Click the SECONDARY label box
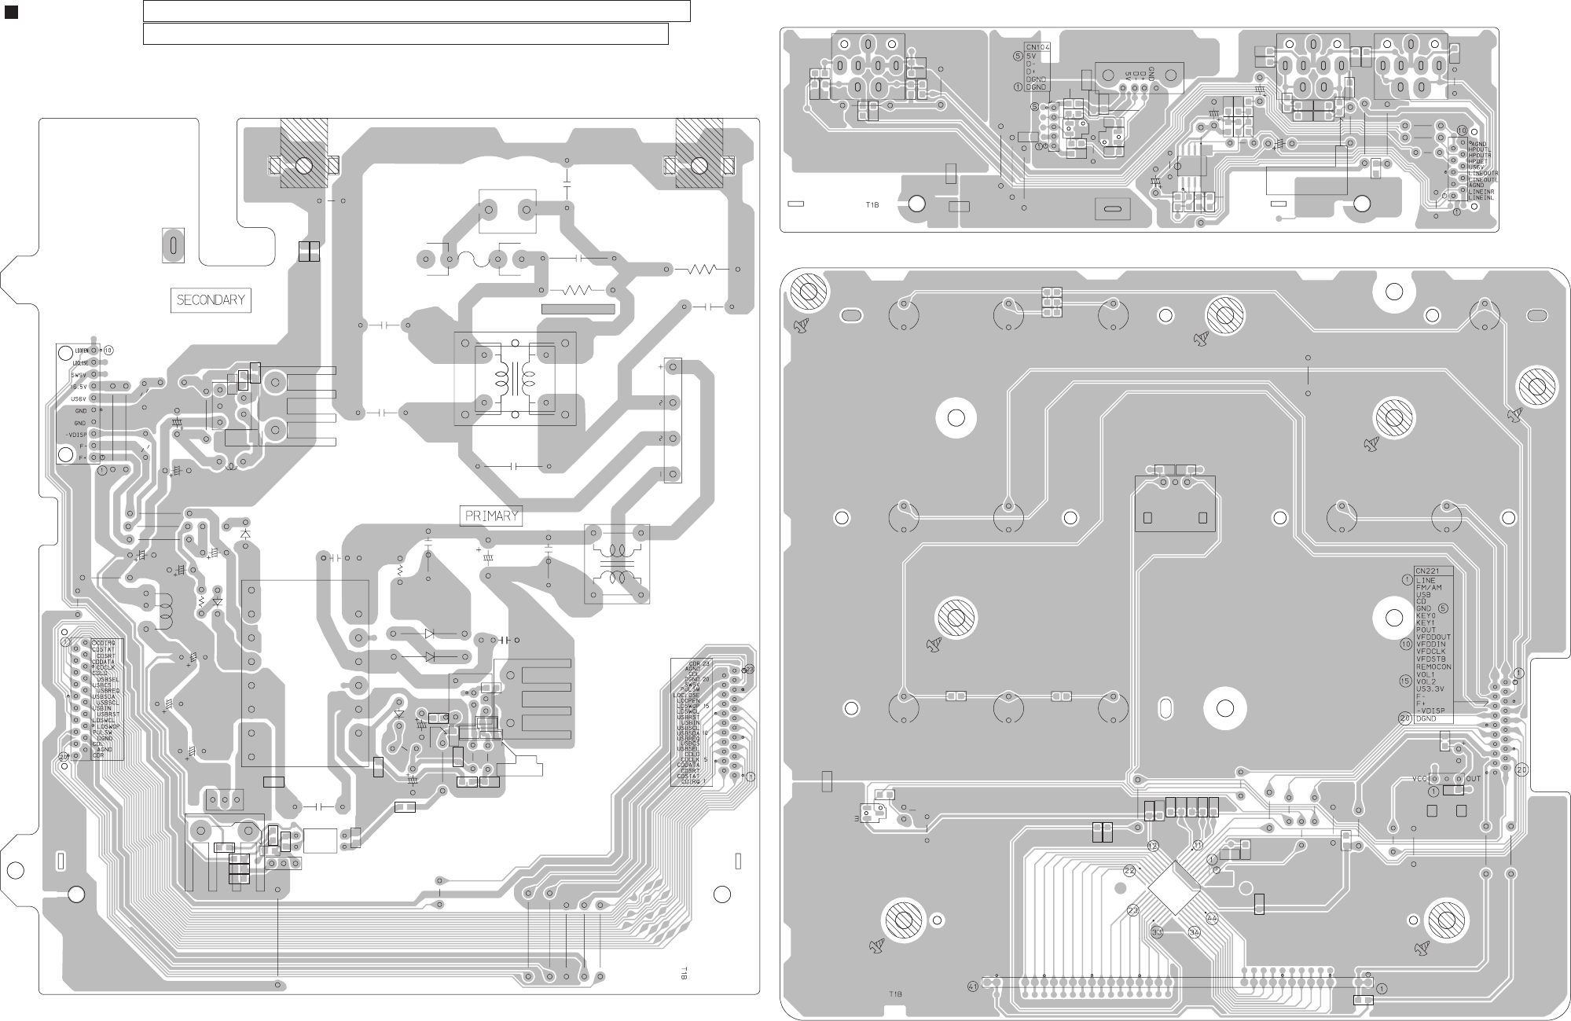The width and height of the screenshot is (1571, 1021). tap(211, 300)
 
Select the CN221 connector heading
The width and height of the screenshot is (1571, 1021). tap(1426, 571)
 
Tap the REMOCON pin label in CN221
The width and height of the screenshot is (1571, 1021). tap(1433, 667)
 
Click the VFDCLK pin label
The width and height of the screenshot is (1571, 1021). tap(1431, 652)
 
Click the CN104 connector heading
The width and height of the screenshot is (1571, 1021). tap(1037, 47)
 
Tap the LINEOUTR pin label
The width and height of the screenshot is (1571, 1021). tap(1483, 173)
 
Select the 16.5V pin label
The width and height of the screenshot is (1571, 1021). tap(79, 387)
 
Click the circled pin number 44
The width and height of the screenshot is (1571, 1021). tap(1211, 917)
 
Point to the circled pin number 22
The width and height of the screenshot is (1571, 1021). tap(1129, 871)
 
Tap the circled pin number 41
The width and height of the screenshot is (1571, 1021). tap(974, 986)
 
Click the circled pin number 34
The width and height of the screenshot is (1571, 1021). tap(1195, 932)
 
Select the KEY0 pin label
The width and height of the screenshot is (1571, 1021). tap(1426, 615)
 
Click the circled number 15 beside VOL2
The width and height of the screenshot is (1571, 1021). tap(1404, 681)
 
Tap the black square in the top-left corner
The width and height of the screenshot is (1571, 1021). tap(11, 12)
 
